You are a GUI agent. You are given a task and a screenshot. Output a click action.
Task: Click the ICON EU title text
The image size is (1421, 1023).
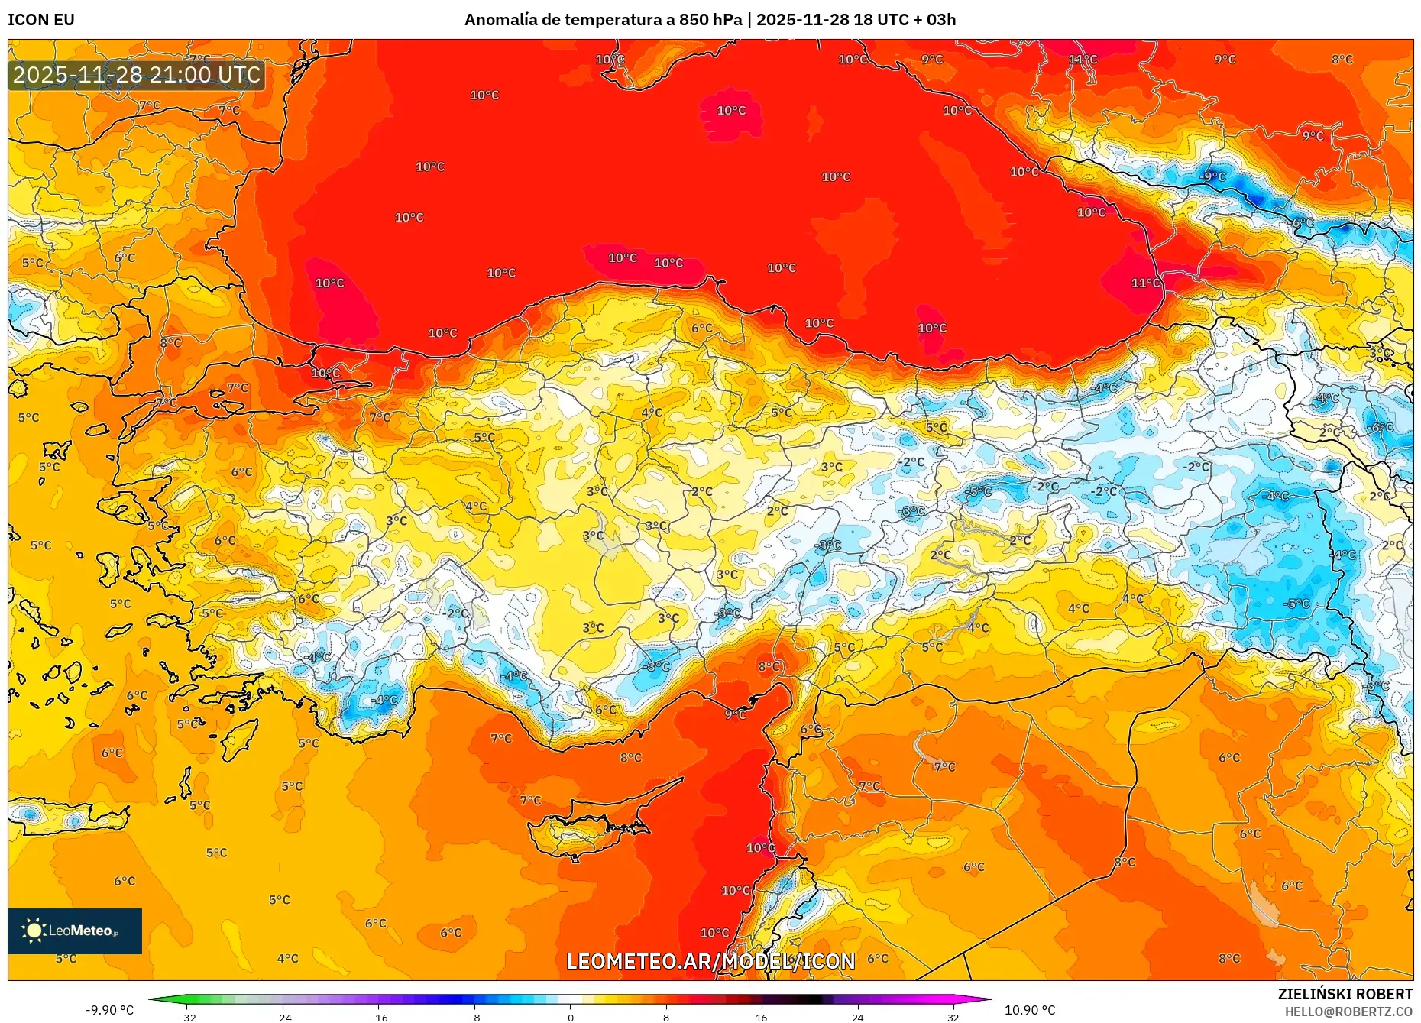point(41,20)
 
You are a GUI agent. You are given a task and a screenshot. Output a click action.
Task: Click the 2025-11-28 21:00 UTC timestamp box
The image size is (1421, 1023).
point(137,75)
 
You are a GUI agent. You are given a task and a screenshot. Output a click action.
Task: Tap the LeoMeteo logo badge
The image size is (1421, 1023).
point(75,931)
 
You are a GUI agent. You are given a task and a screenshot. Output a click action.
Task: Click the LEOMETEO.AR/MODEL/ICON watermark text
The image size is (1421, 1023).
point(710,961)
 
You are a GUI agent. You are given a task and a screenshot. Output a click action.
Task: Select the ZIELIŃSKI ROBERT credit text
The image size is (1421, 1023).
point(1345,994)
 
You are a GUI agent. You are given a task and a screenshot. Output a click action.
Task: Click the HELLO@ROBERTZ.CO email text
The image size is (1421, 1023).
point(1348,1012)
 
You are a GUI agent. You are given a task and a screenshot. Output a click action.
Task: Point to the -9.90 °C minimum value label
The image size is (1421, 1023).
point(109,1010)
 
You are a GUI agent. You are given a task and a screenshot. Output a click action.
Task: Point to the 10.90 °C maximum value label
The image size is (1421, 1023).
point(1030,1010)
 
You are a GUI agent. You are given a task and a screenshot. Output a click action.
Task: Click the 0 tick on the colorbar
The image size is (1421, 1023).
point(570,1017)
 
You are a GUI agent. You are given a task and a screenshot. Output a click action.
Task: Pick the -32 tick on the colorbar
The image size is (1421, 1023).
point(187,1017)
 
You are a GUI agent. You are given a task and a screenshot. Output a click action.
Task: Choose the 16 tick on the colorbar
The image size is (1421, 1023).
point(761,1017)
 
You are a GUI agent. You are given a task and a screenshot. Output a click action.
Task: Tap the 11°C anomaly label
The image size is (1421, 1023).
point(1145,283)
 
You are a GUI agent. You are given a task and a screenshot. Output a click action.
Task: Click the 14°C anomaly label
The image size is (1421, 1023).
point(1083,60)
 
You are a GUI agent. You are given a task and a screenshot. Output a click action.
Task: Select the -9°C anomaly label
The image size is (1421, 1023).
point(1212,176)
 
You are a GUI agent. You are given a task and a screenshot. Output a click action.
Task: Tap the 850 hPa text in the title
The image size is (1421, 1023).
point(710,20)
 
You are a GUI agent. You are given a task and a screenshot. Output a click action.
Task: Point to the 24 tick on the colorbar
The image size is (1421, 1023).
point(857,1017)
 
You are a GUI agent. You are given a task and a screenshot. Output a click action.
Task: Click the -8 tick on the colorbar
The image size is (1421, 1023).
point(474,1017)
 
